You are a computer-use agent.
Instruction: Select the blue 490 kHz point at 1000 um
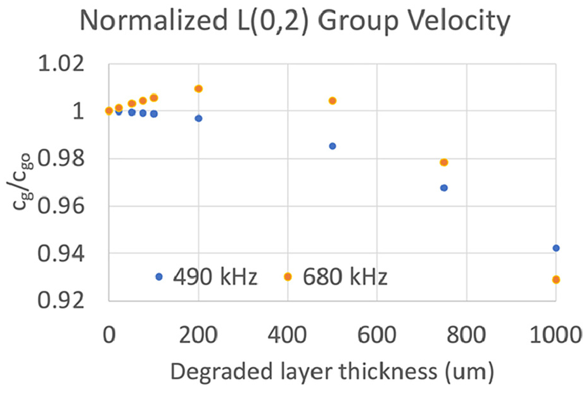coord(556,248)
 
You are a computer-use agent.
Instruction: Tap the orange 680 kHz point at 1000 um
coord(556,280)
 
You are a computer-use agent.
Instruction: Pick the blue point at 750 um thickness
coord(443,188)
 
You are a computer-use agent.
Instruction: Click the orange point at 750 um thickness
coord(443,162)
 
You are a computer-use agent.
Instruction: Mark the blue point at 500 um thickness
coord(332,146)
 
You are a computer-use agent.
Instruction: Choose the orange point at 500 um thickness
coord(332,101)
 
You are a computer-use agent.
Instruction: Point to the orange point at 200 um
coord(198,89)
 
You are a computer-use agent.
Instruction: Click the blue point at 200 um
coord(198,119)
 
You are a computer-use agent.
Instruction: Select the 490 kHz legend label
coord(215,277)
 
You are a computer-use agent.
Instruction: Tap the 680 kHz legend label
coord(345,277)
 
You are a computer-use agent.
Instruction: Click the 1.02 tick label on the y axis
coord(61,64)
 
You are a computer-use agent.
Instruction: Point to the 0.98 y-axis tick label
coord(61,159)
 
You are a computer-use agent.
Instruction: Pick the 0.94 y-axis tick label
coord(61,254)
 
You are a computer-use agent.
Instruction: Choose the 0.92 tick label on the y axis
coord(61,300)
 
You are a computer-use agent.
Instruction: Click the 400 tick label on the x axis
coord(288,335)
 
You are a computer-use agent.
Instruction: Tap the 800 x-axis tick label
coord(466,335)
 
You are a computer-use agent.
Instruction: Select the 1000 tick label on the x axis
coord(556,335)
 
